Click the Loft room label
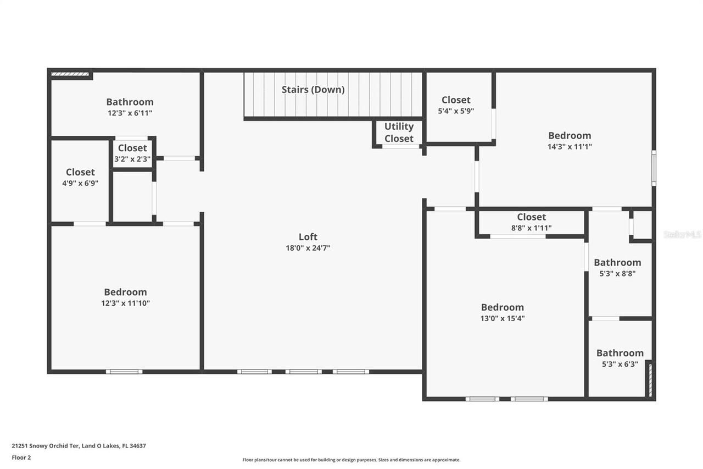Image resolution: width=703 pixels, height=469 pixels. pos(308,237)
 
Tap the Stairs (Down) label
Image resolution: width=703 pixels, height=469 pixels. pos(313,90)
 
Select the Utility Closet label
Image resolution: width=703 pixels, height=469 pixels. pos(399,133)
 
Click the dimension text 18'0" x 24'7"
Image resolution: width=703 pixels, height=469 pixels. pos(308,248)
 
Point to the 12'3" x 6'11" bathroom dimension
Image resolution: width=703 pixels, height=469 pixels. pos(130,113)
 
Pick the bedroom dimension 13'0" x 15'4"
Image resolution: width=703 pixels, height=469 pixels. pos(502,318)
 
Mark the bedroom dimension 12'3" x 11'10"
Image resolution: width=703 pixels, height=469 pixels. pos(126,303)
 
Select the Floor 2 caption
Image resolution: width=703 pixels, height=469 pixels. pos(21,457)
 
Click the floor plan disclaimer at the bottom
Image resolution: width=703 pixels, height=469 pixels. pos(351,460)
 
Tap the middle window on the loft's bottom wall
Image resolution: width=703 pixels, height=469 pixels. pos(303,372)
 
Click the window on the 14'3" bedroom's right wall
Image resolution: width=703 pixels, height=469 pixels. pos(654,167)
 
